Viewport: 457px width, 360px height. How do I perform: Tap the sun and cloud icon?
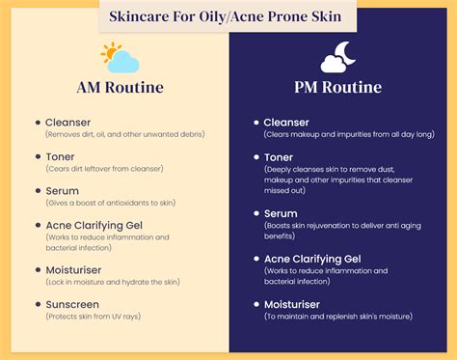(x=120, y=58)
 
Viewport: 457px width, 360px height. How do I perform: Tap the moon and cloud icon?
(x=338, y=59)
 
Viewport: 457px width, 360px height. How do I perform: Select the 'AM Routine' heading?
(x=120, y=88)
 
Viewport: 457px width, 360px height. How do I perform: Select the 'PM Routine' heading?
(x=338, y=88)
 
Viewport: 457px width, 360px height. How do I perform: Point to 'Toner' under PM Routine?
(x=280, y=157)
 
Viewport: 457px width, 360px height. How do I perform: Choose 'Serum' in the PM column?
(x=281, y=213)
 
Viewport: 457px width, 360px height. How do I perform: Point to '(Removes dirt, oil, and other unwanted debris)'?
(x=131, y=136)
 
